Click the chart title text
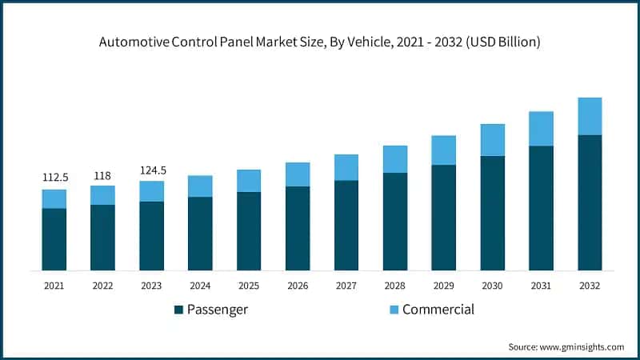[320, 42]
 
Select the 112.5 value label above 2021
[54, 178]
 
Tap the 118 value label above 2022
[102, 175]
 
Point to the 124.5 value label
[151, 170]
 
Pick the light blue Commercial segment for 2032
[590, 116]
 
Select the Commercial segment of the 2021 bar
[54, 198]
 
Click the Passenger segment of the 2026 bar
[298, 228]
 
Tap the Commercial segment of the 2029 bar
[443, 150]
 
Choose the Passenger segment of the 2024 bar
[200, 233]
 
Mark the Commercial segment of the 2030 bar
[492, 140]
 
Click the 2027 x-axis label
[346, 285]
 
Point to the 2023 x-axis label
[151, 285]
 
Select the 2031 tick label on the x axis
[541, 285]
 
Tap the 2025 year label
[249, 285]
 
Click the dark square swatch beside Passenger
[178, 310]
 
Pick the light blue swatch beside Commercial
[394, 310]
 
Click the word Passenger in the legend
[218, 310]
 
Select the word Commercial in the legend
[438, 310]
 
